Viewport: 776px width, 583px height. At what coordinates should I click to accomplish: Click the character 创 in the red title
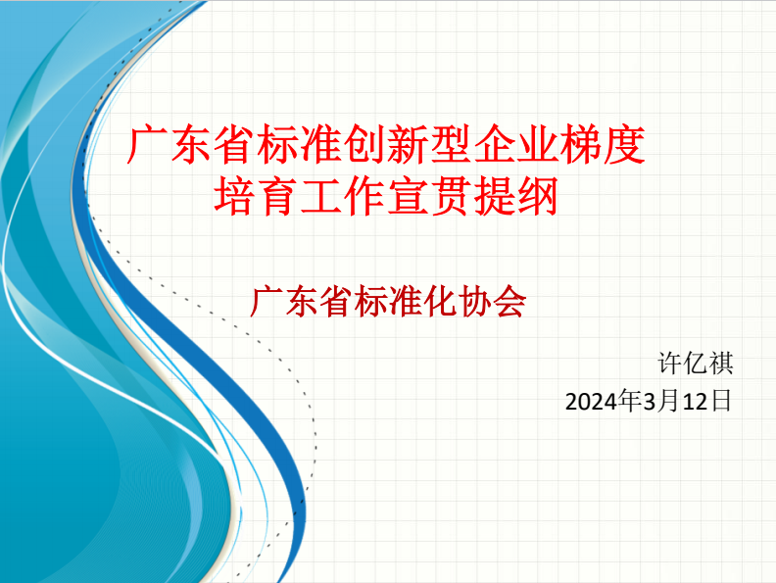[x=364, y=144]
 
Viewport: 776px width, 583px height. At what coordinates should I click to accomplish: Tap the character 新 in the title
[x=408, y=144]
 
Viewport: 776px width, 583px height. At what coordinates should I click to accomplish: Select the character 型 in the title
[x=451, y=144]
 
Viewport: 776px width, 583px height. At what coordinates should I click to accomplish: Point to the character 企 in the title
[x=495, y=144]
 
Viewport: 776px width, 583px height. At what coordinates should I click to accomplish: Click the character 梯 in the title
[x=580, y=144]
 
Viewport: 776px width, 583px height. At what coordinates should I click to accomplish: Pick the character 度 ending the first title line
[x=624, y=144]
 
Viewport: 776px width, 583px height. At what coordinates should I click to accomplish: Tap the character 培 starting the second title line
[x=235, y=197]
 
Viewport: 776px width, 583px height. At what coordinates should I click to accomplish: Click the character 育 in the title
[x=278, y=197]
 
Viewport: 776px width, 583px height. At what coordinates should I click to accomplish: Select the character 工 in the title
[x=321, y=197]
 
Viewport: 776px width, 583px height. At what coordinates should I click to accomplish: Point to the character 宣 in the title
[x=408, y=197]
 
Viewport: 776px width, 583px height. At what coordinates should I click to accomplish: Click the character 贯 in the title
[x=451, y=197]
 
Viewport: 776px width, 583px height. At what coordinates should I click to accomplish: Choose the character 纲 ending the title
[x=538, y=197]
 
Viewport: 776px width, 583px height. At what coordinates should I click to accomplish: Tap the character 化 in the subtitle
[x=440, y=302]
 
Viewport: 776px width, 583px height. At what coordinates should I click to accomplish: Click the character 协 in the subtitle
[x=474, y=302]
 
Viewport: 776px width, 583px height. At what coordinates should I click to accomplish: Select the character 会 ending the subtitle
[x=509, y=302]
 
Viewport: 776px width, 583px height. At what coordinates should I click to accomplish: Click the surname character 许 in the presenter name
[x=670, y=364]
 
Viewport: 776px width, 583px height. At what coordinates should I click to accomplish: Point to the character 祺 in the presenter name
[x=720, y=364]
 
